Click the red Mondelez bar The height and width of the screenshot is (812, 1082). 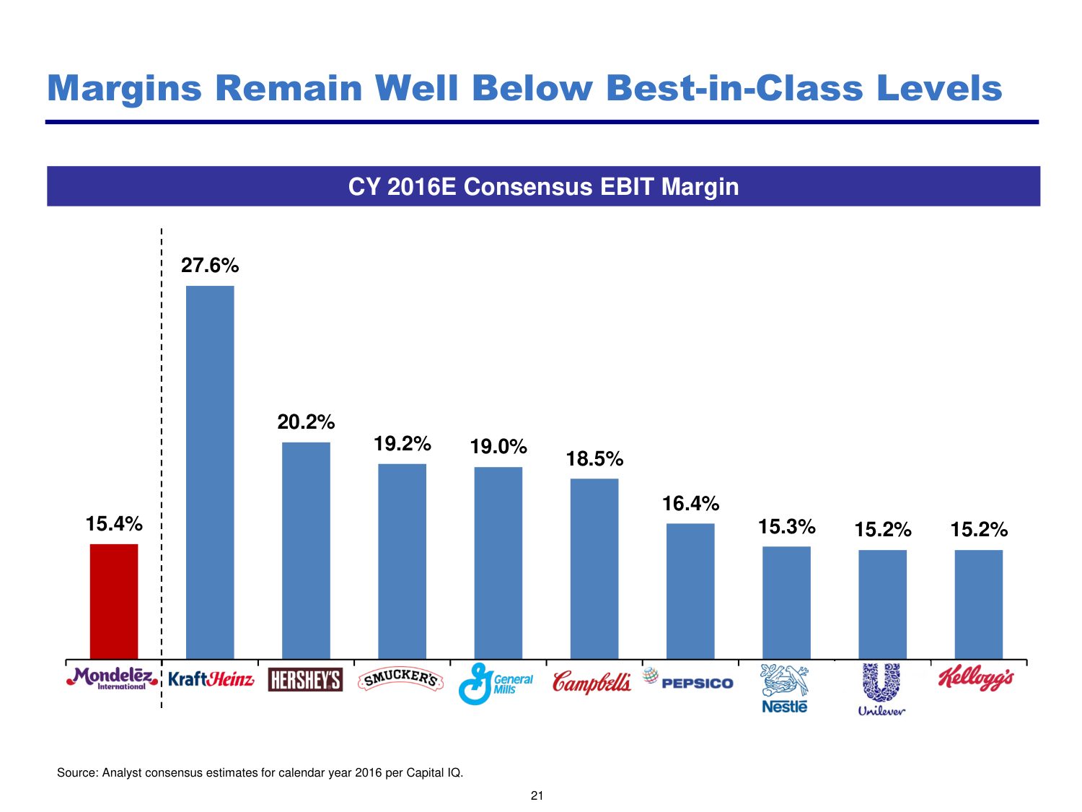point(114,601)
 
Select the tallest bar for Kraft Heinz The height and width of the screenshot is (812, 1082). point(210,472)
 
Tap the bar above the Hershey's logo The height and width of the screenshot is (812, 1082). point(306,550)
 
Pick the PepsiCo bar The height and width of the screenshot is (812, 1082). point(690,590)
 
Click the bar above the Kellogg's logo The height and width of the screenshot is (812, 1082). point(978,604)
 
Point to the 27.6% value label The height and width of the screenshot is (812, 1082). point(210,266)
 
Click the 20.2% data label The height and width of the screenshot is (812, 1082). point(306,422)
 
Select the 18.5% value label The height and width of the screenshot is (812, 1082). point(594,459)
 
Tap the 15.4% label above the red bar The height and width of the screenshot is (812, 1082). point(114,524)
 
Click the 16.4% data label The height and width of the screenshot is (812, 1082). point(690,504)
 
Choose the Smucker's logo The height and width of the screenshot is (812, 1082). point(401,679)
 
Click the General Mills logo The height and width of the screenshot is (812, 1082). point(496,684)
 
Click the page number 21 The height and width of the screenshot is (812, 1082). point(537,796)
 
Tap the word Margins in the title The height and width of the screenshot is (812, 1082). point(124,89)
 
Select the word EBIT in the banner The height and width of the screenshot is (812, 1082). point(628,187)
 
